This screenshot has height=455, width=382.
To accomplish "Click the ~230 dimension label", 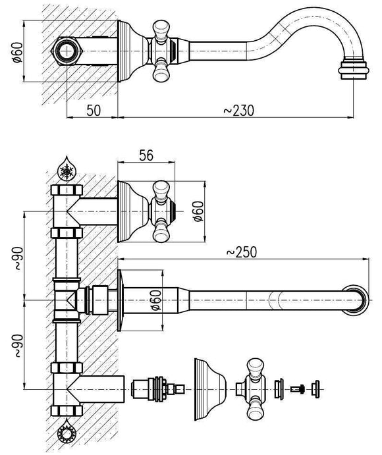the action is pos(238,110).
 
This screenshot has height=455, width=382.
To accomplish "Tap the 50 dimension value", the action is pos(94,110).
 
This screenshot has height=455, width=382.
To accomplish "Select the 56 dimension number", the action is pos(146,155).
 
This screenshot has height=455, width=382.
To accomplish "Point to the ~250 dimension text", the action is pos(242,252).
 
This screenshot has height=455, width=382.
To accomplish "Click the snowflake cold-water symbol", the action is pos(67,170).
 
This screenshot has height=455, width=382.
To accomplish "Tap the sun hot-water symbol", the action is pos(67,434).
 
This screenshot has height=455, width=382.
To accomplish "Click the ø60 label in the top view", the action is pos(17,52).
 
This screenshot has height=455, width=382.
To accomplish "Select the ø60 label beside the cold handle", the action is pos(199,211).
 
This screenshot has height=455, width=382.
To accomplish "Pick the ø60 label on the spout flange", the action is pos(155,300).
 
